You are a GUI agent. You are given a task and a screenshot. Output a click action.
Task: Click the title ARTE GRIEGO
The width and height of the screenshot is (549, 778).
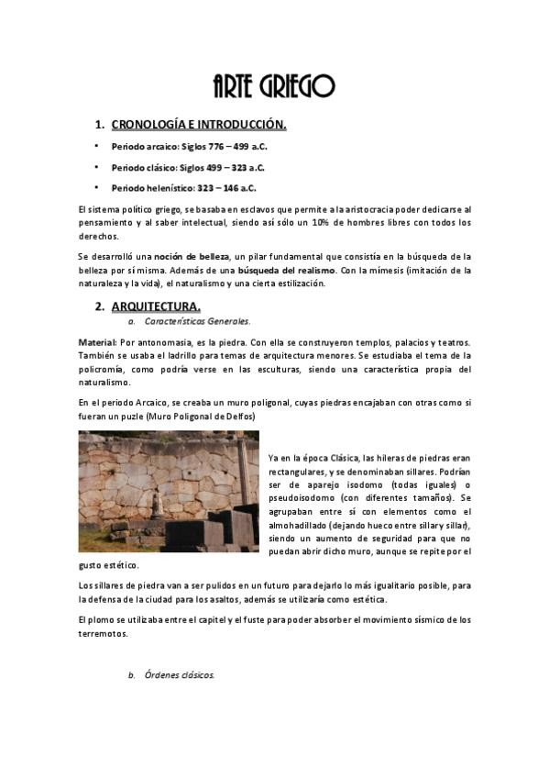click(x=273, y=87)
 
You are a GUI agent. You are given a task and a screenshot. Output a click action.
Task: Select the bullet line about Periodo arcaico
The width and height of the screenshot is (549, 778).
click(x=189, y=147)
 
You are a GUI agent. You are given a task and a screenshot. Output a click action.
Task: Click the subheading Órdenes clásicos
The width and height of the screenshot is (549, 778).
click(x=180, y=675)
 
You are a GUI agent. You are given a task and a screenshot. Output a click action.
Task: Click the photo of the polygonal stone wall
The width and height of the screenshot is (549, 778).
click(x=169, y=492)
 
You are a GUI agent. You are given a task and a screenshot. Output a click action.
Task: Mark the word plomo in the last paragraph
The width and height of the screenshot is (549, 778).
click(x=101, y=620)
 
